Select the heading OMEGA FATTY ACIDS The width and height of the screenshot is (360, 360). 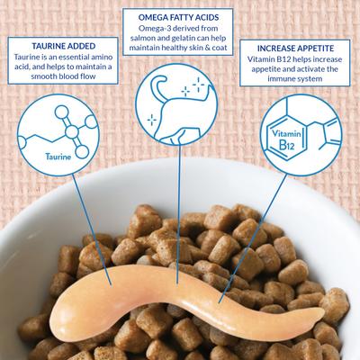point(180,15)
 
